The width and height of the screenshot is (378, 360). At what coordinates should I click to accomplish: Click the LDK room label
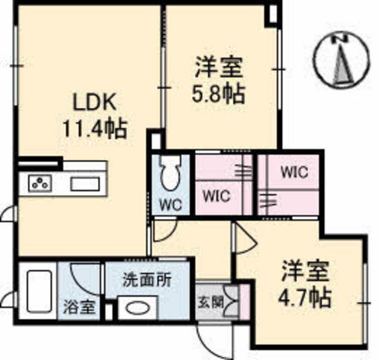(x=94, y=101)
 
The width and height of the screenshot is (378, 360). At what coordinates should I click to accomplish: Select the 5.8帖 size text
(x=219, y=94)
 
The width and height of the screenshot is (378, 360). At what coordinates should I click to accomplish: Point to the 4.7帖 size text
(x=305, y=297)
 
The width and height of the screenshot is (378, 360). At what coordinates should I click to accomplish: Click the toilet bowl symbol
(x=171, y=173)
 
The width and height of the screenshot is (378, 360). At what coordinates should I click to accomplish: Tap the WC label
(x=171, y=205)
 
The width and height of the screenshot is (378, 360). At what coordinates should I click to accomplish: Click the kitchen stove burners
(x=40, y=183)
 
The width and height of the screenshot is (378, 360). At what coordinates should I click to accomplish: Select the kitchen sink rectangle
(x=85, y=184)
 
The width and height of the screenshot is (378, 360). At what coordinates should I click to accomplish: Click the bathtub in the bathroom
(x=39, y=291)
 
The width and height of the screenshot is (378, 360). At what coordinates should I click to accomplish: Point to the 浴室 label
(x=80, y=307)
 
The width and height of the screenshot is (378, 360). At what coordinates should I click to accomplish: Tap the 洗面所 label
(x=147, y=280)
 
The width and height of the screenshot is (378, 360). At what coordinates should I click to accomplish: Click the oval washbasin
(x=136, y=308)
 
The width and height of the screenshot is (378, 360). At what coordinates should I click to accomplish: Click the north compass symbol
(x=341, y=61)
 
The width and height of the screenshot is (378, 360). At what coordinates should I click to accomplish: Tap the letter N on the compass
(x=340, y=39)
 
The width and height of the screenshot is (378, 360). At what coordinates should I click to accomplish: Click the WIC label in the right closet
(x=294, y=172)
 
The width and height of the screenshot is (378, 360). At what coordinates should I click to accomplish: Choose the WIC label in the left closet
(x=217, y=196)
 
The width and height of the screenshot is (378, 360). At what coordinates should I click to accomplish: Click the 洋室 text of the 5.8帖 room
(x=219, y=67)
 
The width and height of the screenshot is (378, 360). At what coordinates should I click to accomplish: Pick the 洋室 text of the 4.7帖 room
(x=306, y=270)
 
